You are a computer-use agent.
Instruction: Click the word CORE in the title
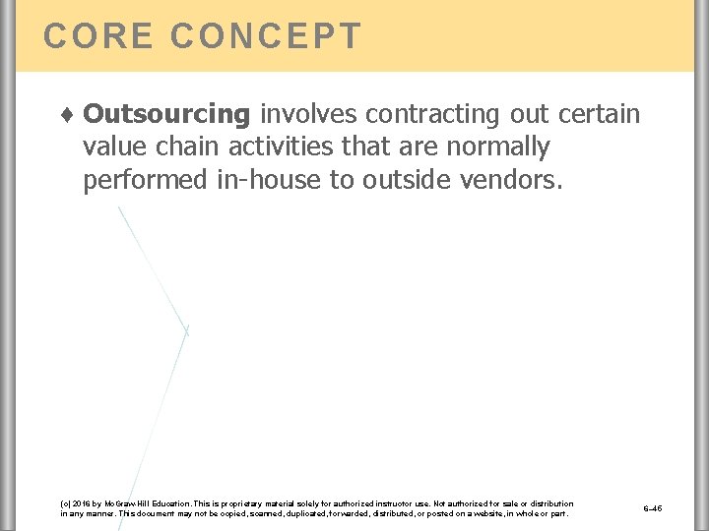[97, 35]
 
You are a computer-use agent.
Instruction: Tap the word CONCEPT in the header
[266, 35]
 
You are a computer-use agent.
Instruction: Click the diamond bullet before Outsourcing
[67, 115]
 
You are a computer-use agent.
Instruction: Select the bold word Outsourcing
[166, 115]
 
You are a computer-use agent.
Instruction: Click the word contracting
[435, 115]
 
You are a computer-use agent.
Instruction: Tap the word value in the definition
[112, 147]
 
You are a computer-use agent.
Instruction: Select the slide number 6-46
[652, 508]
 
